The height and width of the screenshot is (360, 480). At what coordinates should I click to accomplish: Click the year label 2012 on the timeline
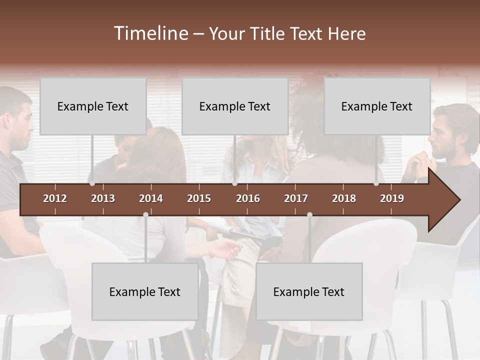(55, 198)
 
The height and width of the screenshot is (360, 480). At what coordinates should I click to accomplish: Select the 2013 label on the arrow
(103, 198)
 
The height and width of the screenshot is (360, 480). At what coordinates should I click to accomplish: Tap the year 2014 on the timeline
(151, 198)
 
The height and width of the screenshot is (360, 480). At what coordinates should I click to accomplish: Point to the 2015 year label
(199, 198)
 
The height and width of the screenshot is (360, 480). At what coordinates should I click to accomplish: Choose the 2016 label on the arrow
(248, 198)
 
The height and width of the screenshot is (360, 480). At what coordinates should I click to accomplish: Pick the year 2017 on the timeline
(296, 198)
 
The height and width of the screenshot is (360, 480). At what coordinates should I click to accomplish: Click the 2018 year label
(344, 198)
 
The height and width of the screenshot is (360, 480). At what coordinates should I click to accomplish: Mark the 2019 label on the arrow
(392, 198)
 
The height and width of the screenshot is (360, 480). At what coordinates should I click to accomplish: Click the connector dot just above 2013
(92, 183)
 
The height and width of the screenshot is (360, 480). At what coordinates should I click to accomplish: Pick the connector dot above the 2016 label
(234, 183)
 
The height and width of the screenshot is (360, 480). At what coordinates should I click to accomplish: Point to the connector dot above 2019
(376, 183)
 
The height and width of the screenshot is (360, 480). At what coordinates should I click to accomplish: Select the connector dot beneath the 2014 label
(145, 215)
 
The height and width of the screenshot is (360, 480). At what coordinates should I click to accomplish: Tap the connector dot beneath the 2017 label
(309, 215)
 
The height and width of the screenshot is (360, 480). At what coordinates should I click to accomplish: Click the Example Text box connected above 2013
(93, 106)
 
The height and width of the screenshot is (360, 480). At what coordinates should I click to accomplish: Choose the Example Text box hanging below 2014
(145, 291)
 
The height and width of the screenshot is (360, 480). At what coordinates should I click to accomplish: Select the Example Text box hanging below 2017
(309, 291)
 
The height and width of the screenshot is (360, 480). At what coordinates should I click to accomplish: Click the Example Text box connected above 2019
(377, 106)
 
